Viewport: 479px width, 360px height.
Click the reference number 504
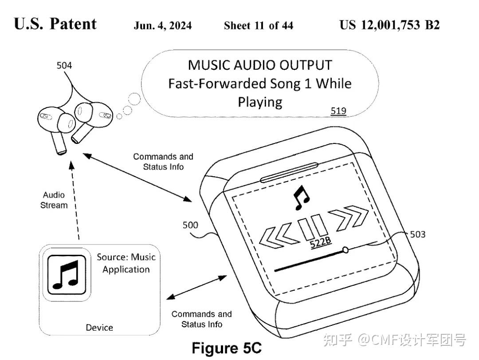click(64, 66)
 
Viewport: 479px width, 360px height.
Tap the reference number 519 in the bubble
click(338, 111)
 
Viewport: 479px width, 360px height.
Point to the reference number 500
click(190, 225)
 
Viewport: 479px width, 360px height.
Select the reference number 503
click(417, 233)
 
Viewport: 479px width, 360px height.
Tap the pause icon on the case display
click(314, 226)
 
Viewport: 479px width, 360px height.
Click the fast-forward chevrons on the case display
click(351, 218)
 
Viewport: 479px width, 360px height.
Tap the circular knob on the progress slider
click(346, 250)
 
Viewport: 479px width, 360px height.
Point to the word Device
click(99, 328)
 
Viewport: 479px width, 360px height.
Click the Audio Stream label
click(54, 200)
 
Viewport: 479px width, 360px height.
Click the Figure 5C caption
click(227, 348)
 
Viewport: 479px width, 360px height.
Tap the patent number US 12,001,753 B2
click(389, 25)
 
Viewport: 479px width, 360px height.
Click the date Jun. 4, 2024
click(163, 25)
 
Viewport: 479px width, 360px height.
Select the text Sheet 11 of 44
click(258, 25)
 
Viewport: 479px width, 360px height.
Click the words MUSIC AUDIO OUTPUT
click(259, 65)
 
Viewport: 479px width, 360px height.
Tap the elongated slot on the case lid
click(289, 172)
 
